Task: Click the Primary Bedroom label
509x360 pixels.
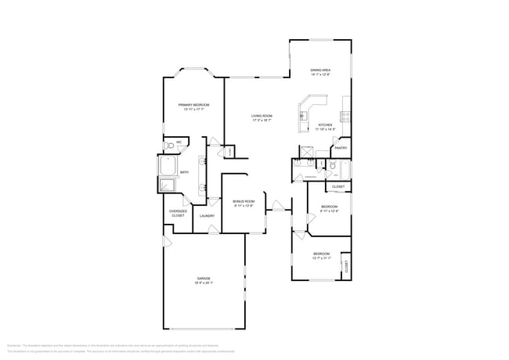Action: (x=193, y=104)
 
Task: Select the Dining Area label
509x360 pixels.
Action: (x=320, y=70)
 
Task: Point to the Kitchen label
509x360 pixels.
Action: (x=324, y=125)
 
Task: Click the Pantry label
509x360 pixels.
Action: (x=341, y=147)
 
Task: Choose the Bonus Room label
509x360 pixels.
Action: (x=244, y=201)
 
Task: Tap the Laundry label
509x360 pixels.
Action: (x=207, y=215)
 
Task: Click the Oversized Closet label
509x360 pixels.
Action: (x=178, y=213)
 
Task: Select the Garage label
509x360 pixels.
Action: (x=204, y=278)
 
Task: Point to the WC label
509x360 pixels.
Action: (x=179, y=142)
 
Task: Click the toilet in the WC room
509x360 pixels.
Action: (x=171, y=146)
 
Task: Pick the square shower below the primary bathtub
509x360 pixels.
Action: (x=168, y=185)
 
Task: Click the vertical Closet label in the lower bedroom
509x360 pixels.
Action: (x=345, y=267)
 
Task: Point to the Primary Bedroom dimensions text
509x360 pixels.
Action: (x=193, y=109)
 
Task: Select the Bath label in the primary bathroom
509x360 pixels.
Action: (x=184, y=172)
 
